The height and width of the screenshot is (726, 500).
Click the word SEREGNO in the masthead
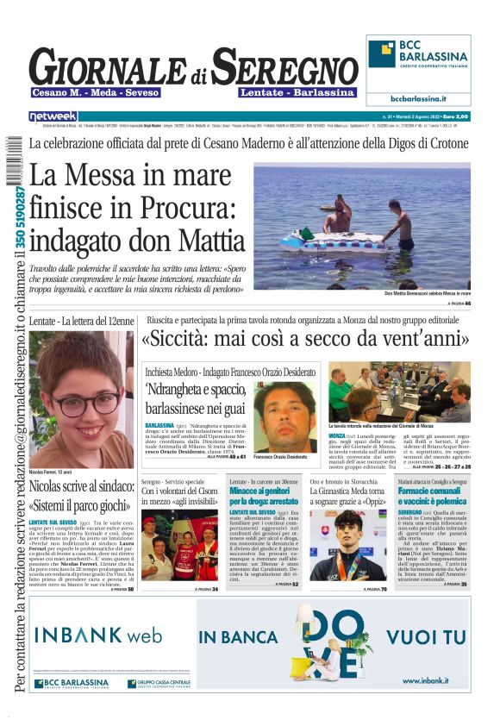click(284, 68)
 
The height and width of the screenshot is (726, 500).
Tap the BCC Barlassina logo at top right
click(417, 61)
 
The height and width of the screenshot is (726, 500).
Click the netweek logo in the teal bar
click(53, 116)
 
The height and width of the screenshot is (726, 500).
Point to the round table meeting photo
click(399, 391)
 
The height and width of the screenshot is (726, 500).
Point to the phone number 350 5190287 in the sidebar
click(19, 207)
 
